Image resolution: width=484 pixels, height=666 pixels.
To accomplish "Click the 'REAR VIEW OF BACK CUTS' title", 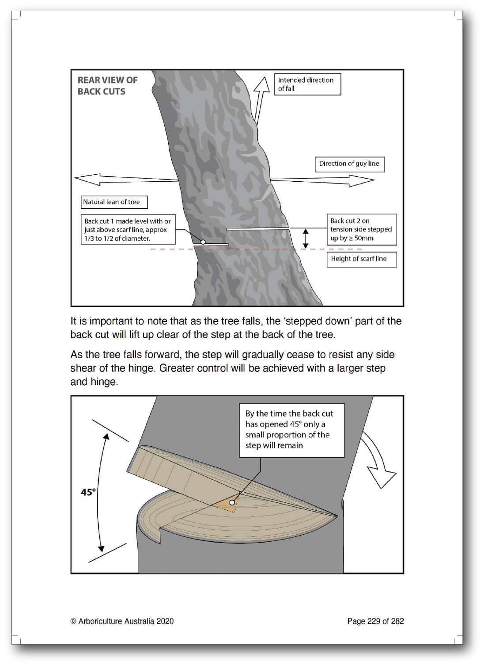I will point(107,86).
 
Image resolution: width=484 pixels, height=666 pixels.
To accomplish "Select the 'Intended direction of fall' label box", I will point(307,84).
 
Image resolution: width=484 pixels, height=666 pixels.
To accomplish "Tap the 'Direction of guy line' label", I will point(349,164).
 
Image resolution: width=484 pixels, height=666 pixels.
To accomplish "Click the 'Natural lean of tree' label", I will point(114,202).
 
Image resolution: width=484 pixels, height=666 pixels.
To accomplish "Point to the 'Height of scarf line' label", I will point(361,259).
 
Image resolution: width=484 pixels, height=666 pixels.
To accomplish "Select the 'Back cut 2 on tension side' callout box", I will point(361,230).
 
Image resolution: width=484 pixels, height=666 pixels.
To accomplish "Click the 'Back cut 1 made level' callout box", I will point(128,230).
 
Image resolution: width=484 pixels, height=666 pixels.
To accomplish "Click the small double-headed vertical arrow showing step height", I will point(305,238).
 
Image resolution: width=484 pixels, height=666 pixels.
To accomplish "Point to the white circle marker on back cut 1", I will point(203,242).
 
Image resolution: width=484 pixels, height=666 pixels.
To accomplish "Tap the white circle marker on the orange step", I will point(232,502).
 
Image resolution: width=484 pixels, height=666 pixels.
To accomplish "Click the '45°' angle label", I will point(88,492).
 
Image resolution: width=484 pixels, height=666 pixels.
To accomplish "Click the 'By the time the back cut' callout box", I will point(291,430).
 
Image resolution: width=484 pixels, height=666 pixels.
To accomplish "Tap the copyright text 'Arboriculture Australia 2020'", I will point(122,621).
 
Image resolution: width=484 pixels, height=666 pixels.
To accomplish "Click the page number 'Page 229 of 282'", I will point(375,621).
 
